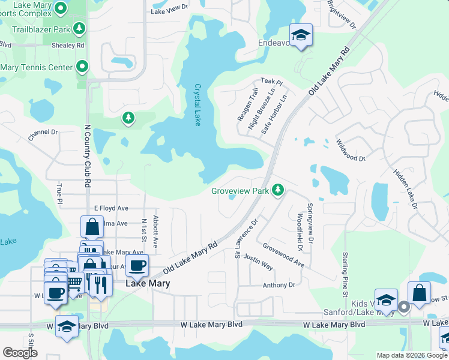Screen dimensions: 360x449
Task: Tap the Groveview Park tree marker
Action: (x=277, y=190)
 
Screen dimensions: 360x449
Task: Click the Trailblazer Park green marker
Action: (x=79, y=28)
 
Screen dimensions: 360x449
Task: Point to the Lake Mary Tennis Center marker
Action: (x=82, y=67)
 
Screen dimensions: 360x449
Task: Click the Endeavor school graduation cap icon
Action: (x=301, y=34)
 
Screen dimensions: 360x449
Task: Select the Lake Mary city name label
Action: (x=147, y=283)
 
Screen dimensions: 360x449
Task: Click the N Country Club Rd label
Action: (x=88, y=155)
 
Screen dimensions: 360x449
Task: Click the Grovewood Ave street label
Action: (x=283, y=255)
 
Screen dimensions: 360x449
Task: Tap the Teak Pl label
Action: (x=271, y=81)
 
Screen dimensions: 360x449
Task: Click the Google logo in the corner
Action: (x=20, y=353)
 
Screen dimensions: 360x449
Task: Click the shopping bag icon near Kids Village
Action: (x=419, y=293)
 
